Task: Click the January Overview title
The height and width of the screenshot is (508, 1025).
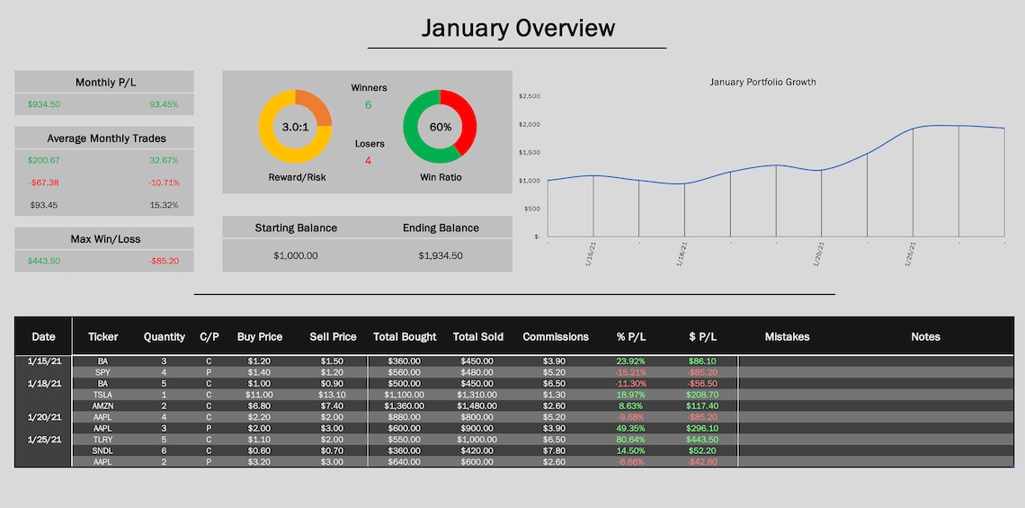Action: click(518, 28)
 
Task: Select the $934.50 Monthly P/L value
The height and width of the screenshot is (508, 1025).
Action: click(43, 104)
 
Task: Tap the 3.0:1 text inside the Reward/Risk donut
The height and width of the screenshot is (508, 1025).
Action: click(295, 128)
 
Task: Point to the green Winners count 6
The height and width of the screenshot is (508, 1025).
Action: click(368, 105)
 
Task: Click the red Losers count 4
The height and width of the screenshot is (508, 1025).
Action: click(368, 161)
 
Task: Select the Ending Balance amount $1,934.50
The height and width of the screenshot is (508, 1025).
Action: click(441, 255)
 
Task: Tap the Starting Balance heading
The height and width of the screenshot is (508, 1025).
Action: click(296, 227)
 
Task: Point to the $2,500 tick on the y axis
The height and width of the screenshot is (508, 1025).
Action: click(530, 96)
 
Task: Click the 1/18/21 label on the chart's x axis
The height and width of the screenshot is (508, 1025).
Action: click(682, 254)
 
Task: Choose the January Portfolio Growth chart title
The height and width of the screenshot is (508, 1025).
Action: click(762, 82)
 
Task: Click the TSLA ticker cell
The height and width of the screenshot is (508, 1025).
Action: click(103, 395)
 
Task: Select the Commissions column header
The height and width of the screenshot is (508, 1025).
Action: click(555, 337)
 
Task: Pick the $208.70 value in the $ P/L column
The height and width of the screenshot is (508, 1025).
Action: click(703, 395)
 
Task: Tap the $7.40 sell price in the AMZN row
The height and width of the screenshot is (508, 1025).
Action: click(333, 406)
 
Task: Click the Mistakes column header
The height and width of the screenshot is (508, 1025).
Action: click(787, 337)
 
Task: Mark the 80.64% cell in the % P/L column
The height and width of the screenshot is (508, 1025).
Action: click(631, 440)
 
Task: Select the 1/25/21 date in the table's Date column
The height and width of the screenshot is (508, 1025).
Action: click(43, 440)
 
